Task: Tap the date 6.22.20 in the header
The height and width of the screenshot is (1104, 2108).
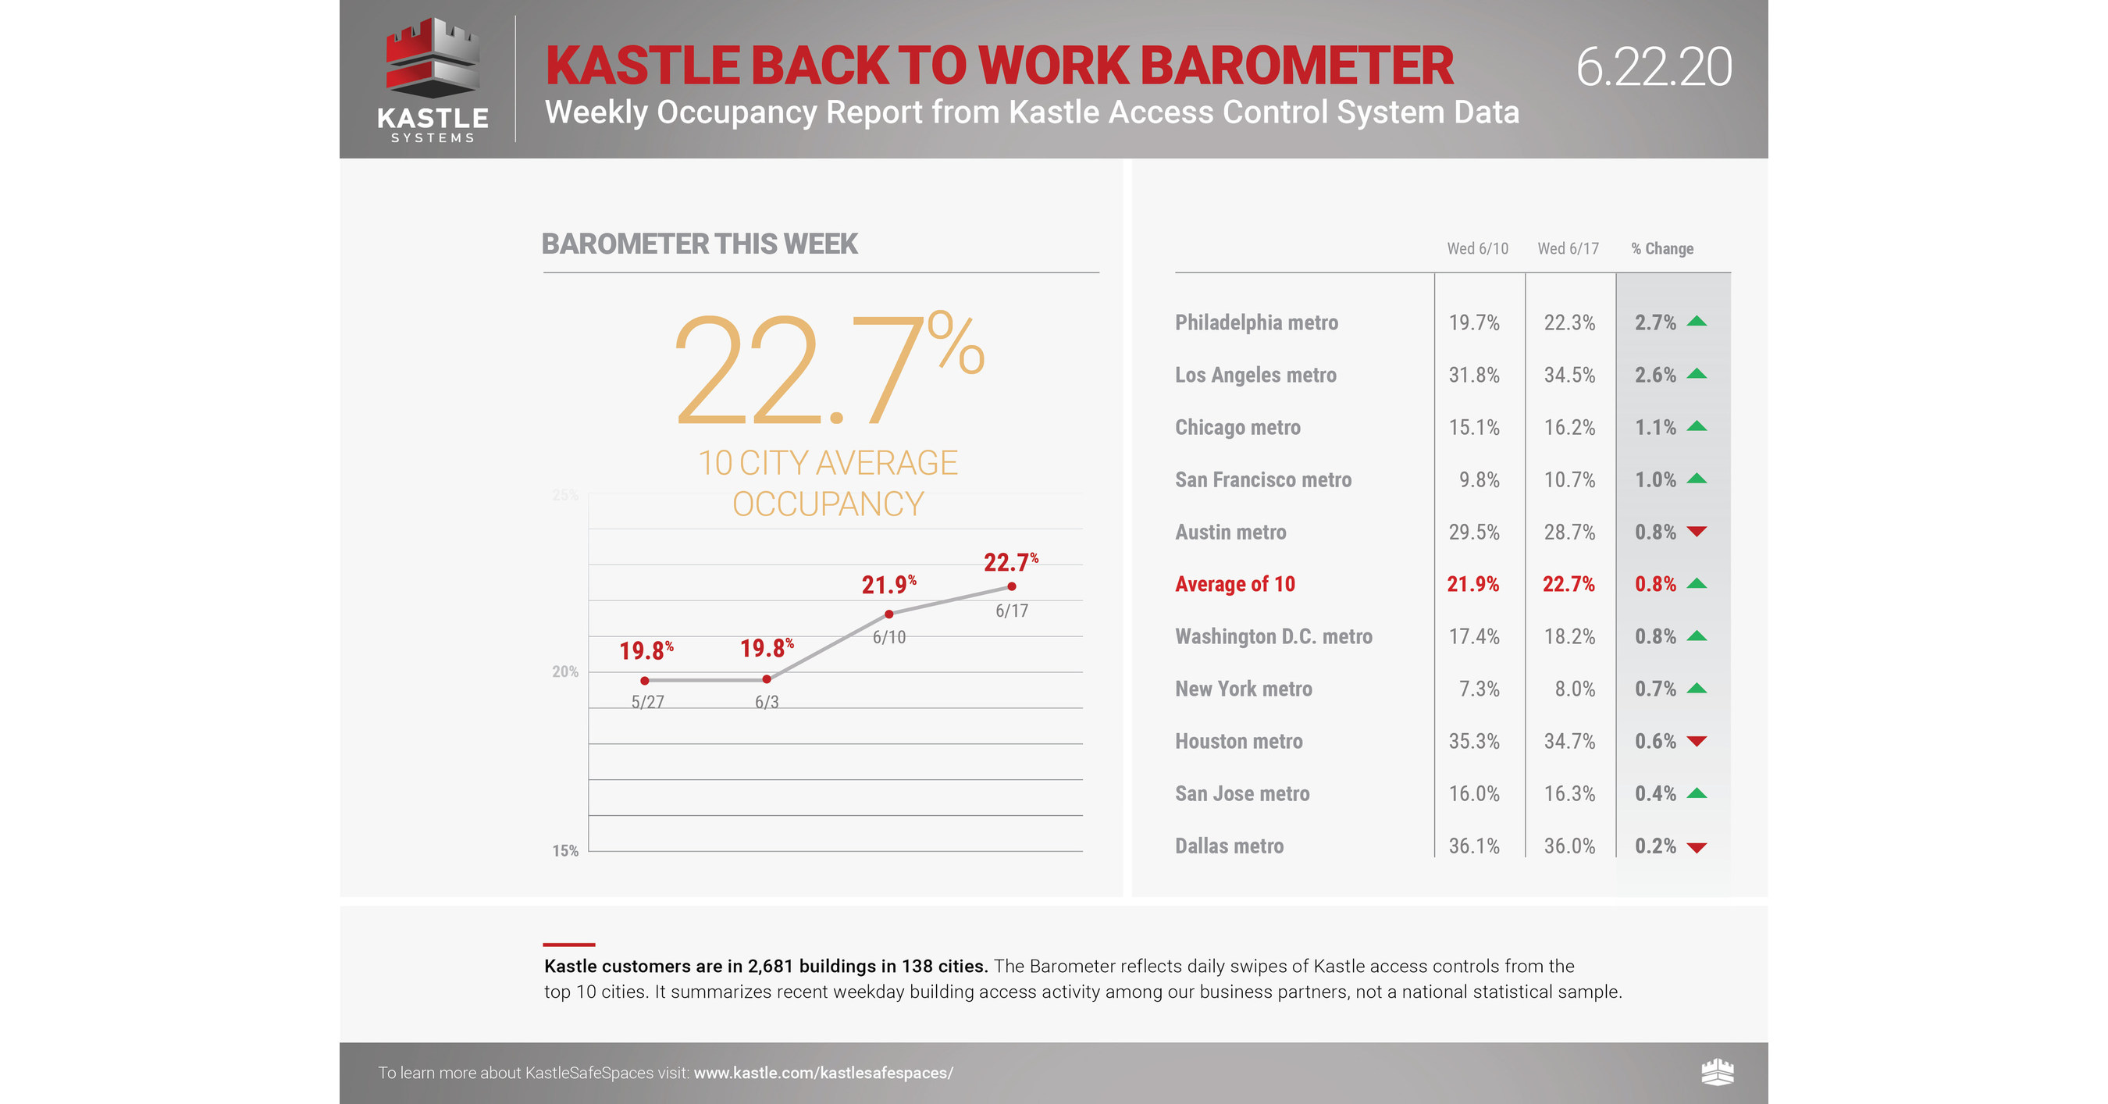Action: (1653, 67)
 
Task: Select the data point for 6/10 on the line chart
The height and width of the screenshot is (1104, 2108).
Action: (888, 614)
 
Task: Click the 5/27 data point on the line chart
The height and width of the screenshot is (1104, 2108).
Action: (645, 680)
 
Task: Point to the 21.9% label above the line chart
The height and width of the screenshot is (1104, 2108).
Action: (888, 584)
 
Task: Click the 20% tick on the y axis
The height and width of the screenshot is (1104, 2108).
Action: (564, 672)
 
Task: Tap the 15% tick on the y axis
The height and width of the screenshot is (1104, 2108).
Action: (564, 851)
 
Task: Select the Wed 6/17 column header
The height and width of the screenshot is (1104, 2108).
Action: (1568, 249)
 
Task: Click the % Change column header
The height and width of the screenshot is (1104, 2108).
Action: (1662, 249)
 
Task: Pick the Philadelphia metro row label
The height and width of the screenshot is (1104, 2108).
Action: (1256, 322)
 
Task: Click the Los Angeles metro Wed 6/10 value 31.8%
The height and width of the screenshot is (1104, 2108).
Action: (1474, 375)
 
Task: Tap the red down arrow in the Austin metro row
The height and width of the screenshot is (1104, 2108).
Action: (1697, 532)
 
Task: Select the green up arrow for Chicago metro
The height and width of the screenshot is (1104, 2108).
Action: (1697, 426)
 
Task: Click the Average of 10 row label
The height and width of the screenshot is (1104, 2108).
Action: (1235, 584)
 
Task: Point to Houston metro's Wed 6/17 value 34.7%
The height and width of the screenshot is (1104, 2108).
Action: (1569, 742)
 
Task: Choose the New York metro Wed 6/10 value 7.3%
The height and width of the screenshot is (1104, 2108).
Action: (1479, 689)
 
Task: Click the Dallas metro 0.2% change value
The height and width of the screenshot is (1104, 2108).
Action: (1654, 846)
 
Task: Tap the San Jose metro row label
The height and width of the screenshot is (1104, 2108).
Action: (1242, 794)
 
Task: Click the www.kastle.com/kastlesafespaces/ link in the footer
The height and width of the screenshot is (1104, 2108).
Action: (823, 1073)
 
